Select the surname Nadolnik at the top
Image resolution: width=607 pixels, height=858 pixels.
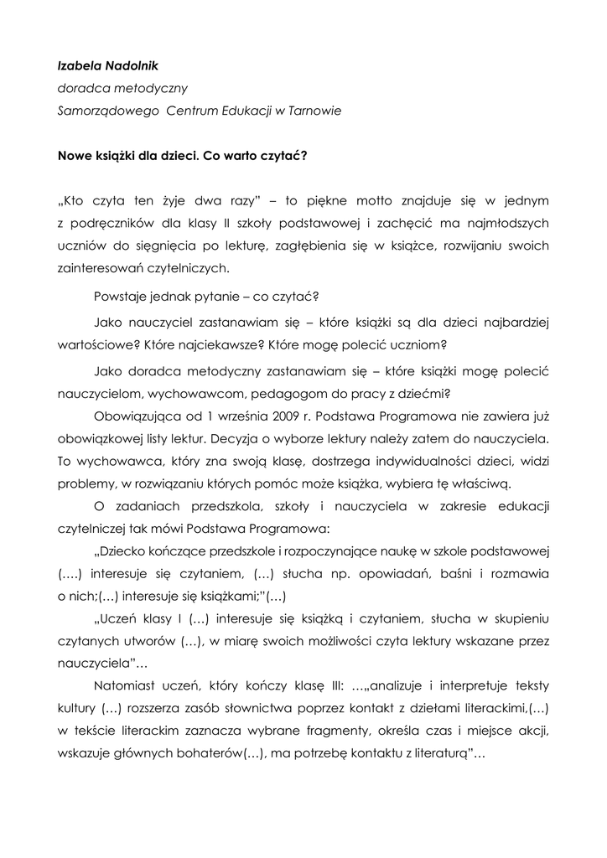(127, 65)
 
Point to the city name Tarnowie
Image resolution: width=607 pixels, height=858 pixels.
(314, 111)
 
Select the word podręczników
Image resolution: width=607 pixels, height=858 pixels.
(112, 224)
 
